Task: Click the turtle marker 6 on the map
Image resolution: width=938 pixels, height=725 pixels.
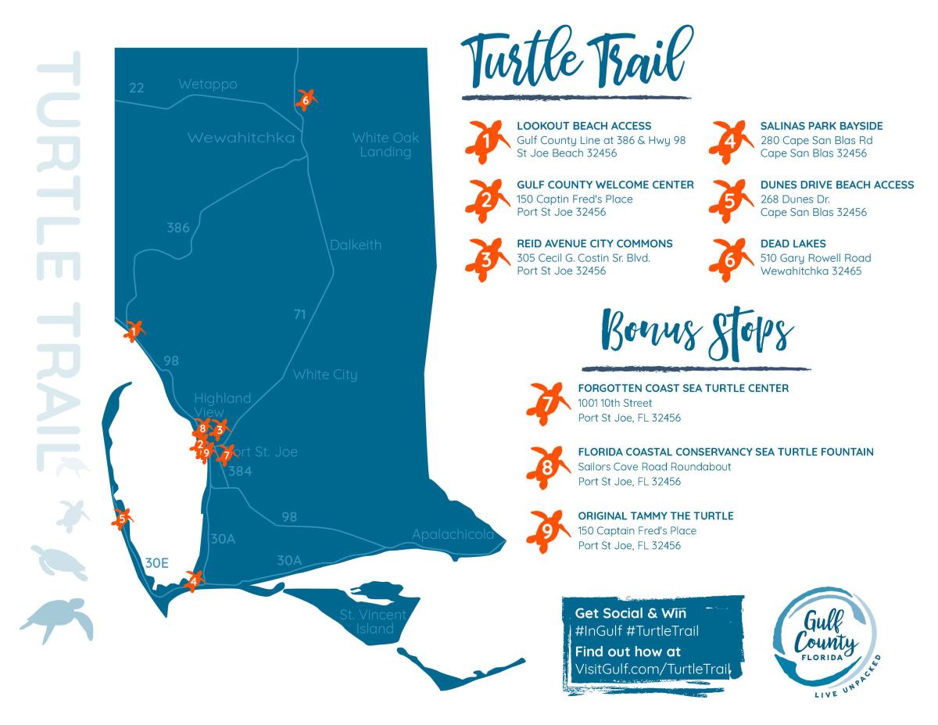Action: [306, 99]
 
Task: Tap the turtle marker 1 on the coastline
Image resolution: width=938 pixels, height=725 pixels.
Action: [134, 332]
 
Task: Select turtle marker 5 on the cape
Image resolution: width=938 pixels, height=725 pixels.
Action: [122, 518]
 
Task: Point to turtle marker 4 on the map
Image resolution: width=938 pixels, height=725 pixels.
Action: [192, 580]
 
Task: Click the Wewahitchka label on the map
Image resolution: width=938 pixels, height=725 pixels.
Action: [241, 138]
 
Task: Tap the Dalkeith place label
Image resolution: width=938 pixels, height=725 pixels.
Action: [356, 245]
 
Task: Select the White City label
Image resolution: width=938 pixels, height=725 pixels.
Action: [324, 375]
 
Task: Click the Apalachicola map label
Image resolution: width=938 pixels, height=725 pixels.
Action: [453, 535]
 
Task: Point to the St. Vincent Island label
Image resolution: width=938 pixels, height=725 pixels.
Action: [372, 622]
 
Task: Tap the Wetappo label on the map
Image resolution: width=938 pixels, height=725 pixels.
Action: [207, 84]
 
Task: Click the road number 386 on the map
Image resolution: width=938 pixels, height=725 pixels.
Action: [178, 228]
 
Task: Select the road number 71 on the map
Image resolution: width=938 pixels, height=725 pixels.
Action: [299, 314]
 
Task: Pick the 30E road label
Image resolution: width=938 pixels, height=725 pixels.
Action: [157, 562]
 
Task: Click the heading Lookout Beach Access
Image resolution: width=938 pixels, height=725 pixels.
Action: [584, 125]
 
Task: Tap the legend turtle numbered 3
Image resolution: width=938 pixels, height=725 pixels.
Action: [485, 257]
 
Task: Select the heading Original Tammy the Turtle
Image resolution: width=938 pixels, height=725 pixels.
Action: [655, 516]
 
